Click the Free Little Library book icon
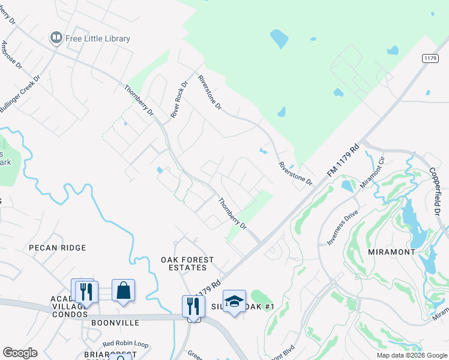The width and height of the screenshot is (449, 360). [56, 38]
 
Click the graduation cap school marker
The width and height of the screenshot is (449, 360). [235, 301]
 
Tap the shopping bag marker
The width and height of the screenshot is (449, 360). [123, 290]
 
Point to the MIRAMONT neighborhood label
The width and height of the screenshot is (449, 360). [391, 252]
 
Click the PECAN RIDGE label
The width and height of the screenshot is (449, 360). [58, 248]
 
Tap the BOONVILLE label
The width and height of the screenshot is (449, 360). [115, 323]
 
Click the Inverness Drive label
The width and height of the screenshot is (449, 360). [342, 227]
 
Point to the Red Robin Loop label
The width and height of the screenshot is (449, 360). [125, 344]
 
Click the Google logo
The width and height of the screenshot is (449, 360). [20, 353]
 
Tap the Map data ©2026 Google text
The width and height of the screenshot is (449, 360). [411, 355]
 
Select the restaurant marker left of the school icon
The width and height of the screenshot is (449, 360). [193, 306]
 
